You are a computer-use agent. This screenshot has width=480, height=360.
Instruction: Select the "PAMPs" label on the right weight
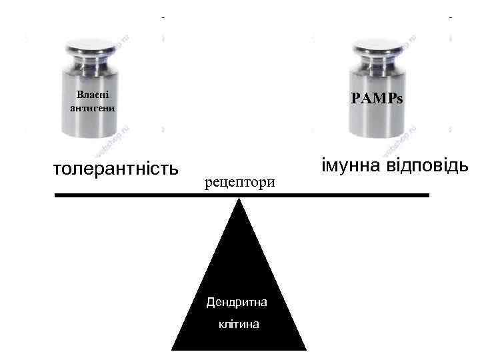(x=377, y=99)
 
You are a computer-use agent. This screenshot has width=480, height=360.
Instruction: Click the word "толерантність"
(x=115, y=167)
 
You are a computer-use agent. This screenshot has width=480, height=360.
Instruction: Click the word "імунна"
(x=353, y=165)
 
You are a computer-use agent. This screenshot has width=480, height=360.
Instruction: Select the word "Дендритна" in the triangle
(x=237, y=303)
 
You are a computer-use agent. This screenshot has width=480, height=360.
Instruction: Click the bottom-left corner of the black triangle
(x=173, y=349)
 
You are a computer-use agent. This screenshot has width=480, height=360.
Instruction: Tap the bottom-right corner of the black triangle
(x=306, y=349)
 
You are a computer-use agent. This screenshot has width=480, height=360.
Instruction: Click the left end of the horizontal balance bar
(x=57, y=195)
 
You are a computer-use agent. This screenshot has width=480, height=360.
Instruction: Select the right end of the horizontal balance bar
(x=428, y=195)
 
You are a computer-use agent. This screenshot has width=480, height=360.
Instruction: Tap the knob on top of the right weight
(x=377, y=47)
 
